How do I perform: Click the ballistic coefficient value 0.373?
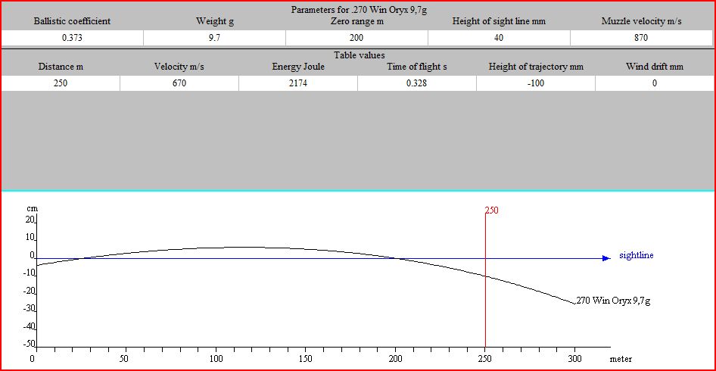click(71, 38)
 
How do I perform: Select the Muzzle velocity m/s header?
click(641, 21)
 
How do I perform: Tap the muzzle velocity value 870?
click(641, 38)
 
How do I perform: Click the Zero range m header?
click(356, 21)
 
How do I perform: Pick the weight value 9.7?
click(214, 38)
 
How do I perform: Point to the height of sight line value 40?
click(499, 38)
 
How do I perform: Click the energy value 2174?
click(298, 83)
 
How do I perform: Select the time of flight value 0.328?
click(416, 83)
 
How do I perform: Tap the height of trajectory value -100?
click(536, 83)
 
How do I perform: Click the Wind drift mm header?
click(654, 67)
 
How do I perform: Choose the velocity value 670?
click(179, 83)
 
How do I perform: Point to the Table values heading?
click(359, 55)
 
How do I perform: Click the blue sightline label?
click(636, 255)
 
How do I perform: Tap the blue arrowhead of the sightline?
click(605, 258)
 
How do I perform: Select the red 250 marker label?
click(492, 210)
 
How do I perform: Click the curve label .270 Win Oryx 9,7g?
click(613, 301)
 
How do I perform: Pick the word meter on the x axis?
click(621, 359)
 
